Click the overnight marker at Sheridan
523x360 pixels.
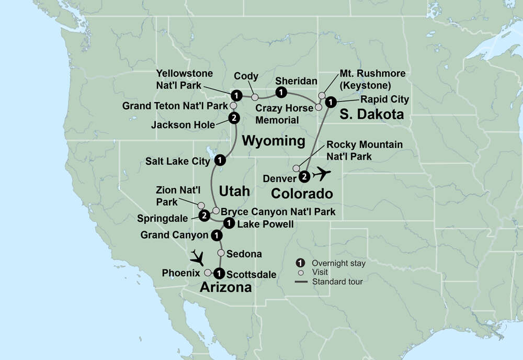(x=281, y=92)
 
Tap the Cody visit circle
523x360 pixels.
(x=255, y=97)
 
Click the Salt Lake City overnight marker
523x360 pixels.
(x=220, y=160)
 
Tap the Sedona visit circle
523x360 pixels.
(x=221, y=253)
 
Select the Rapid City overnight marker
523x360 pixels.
(x=330, y=102)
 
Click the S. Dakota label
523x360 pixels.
(x=372, y=114)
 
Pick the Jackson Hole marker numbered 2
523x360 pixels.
(x=234, y=118)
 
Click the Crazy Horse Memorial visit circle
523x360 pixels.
(x=318, y=107)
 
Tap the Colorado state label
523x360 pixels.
(x=302, y=194)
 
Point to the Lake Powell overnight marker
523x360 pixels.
(x=229, y=224)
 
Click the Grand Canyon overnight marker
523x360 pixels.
(x=215, y=236)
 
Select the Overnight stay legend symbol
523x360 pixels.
(x=301, y=263)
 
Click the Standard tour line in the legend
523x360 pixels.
(x=301, y=282)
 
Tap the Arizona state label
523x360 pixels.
(x=226, y=287)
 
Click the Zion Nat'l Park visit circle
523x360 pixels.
(x=201, y=205)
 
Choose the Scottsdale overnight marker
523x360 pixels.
(x=220, y=273)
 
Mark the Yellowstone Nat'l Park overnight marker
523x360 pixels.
(x=236, y=95)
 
